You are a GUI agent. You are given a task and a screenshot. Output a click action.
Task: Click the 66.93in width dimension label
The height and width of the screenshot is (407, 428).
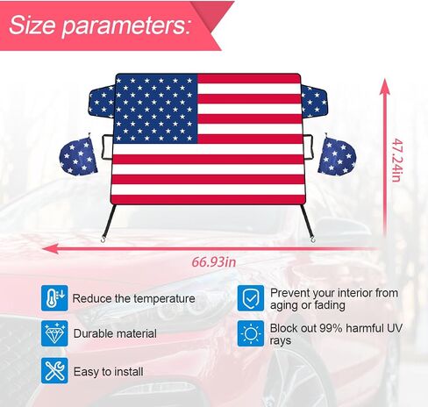(214, 261)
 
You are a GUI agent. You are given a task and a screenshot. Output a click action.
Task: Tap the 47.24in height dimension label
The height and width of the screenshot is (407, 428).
(397, 160)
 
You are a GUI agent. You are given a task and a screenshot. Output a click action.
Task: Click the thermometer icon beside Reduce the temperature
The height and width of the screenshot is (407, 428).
(54, 298)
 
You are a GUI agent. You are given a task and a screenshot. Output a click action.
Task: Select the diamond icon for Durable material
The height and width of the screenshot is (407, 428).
(54, 333)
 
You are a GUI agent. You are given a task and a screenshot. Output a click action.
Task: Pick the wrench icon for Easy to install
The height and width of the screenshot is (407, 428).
(54, 370)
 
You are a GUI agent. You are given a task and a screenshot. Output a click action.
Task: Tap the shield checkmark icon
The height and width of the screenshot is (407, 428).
(251, 298)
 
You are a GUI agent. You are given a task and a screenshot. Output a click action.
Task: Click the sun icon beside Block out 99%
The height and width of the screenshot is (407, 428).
(251, 333)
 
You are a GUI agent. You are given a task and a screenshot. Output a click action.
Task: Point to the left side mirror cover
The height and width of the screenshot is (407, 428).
(78, 155)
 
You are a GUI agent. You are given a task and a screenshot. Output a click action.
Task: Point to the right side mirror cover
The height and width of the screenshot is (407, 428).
(337, 155)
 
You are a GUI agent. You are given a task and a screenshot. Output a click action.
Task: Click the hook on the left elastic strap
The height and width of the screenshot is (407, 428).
(103, 239)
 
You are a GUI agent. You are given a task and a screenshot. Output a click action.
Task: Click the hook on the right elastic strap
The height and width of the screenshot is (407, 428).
(314, 239)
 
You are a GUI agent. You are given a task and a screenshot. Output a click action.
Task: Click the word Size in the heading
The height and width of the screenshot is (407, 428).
(32, 25)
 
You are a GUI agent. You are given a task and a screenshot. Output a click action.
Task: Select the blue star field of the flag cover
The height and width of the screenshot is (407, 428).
(155, 109)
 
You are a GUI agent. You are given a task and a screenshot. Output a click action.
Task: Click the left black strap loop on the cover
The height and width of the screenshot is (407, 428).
(107, 147)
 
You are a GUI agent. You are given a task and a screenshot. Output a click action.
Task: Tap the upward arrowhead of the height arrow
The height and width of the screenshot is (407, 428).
(385, 86)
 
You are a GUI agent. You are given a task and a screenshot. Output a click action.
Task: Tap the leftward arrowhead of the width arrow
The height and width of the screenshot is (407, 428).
(50, 249)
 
